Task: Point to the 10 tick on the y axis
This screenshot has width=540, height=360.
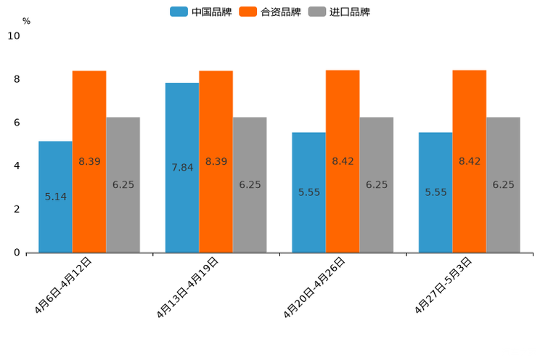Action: click(14, 36)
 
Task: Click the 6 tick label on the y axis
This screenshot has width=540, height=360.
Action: click(17, 123)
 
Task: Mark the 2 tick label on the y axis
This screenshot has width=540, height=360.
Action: click(17, 209)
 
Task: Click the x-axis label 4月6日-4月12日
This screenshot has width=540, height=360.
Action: click(63, 285)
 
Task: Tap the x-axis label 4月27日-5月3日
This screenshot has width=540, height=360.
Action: click(444, 285)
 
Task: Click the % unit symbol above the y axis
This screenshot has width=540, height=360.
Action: click(26, 21)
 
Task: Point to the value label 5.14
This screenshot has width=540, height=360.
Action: click(56, 197)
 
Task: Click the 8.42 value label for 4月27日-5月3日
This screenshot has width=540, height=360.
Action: click(470, 161)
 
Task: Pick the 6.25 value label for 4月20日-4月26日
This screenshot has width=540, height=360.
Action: click(377, 185)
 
